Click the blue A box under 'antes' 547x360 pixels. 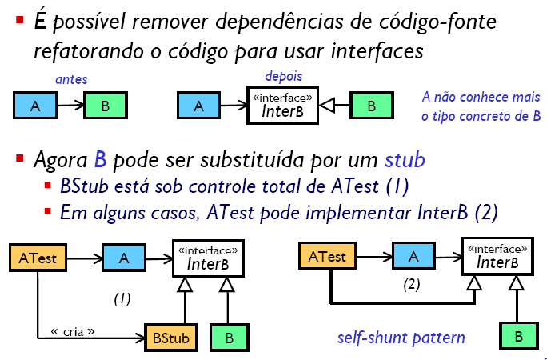coord(35,106)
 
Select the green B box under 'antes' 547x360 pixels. coord(106,106)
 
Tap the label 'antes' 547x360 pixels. coord(71,79)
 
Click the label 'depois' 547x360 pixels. coord(284,76)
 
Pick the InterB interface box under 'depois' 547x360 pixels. coord(282,106)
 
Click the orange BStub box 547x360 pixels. coord(171,338)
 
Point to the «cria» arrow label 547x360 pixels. coord(73,331)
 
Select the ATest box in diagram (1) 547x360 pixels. coord(38,258)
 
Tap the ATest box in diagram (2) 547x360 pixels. coord(327,256)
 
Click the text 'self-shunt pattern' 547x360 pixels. coord(401,338)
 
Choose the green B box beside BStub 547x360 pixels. coord(230,338)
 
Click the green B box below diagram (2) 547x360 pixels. coord(518,336)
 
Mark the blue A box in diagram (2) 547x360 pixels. coord(413,256)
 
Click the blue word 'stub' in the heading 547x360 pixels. coord(405,160)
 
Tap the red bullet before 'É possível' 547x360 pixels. coord(19,19)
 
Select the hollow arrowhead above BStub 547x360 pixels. coord(185,284)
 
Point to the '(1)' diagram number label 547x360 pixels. coord(122,299)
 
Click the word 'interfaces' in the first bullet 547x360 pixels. coord(377,51)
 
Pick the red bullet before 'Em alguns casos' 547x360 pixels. coord(48,211)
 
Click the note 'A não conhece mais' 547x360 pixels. coord(481,97)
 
